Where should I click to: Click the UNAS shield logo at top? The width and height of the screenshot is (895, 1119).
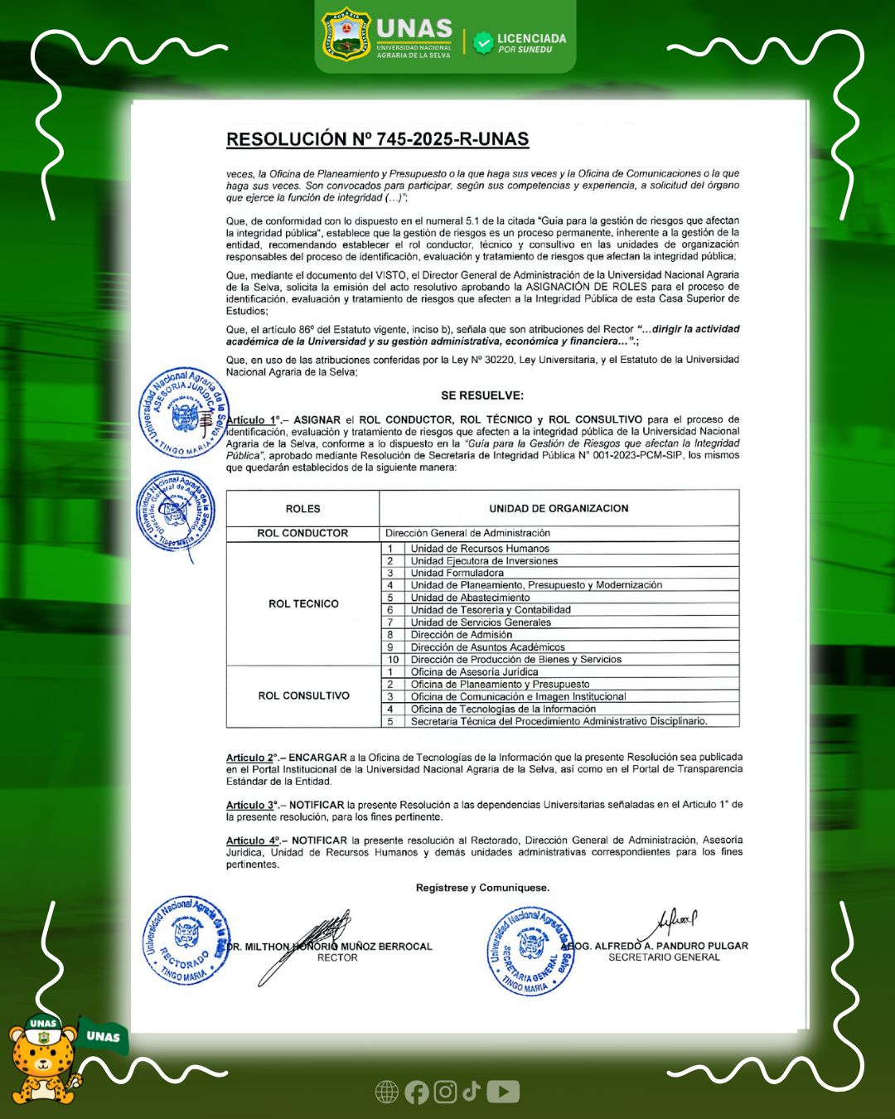pos(346,36)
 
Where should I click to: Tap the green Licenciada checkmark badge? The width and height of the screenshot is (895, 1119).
pos(483,43)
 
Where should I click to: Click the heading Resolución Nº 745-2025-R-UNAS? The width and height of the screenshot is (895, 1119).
pos(377,139)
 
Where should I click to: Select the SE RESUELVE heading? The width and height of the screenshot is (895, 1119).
pos(481,395)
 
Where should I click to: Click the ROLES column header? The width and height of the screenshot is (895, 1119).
pos(302,509)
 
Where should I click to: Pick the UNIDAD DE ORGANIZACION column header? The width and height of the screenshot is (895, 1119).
pos(559,508)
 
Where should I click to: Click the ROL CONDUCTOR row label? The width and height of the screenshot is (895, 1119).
pos(302,533)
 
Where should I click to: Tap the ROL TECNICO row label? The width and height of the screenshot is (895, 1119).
pos(303,603)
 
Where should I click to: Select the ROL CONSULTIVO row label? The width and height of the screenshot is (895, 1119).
pos(303,695)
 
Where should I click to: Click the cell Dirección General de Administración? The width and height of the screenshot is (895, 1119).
pos(467,533)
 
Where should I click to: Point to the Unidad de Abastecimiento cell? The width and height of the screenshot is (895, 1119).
pos(470,598)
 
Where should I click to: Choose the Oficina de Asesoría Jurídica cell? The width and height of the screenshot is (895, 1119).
pos(474,672)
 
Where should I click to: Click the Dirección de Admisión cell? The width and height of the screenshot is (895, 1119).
pos(461,635)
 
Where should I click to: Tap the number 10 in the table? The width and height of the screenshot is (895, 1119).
pos(394,660)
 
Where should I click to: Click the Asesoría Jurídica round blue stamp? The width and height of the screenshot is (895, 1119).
pos(184,412)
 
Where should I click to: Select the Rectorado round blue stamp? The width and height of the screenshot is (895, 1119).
pos(186,940)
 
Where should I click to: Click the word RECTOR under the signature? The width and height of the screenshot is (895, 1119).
pos(337,957)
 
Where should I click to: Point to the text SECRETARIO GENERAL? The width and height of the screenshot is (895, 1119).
pos(664,957)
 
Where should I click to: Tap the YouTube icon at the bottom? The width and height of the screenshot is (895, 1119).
pos(503,1092)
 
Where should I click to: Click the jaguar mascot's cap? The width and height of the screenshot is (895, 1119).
pos(43,1025)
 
